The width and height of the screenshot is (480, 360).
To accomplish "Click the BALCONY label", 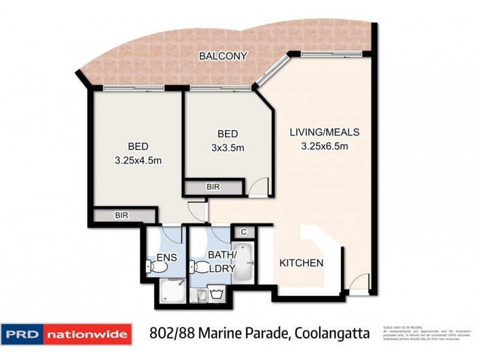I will point(223,56).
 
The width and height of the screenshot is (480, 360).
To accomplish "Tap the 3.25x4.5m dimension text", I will point(138,160).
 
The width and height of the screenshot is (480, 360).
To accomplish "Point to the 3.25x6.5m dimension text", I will point(324,146).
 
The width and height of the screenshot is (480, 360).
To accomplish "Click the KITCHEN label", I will point(302,263).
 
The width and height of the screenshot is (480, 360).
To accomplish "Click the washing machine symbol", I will point(217,294).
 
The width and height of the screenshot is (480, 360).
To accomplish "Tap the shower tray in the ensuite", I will point(172,293).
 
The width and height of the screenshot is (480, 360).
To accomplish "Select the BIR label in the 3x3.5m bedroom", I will point(213,187).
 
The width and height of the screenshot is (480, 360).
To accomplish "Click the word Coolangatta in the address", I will point(330,333).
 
